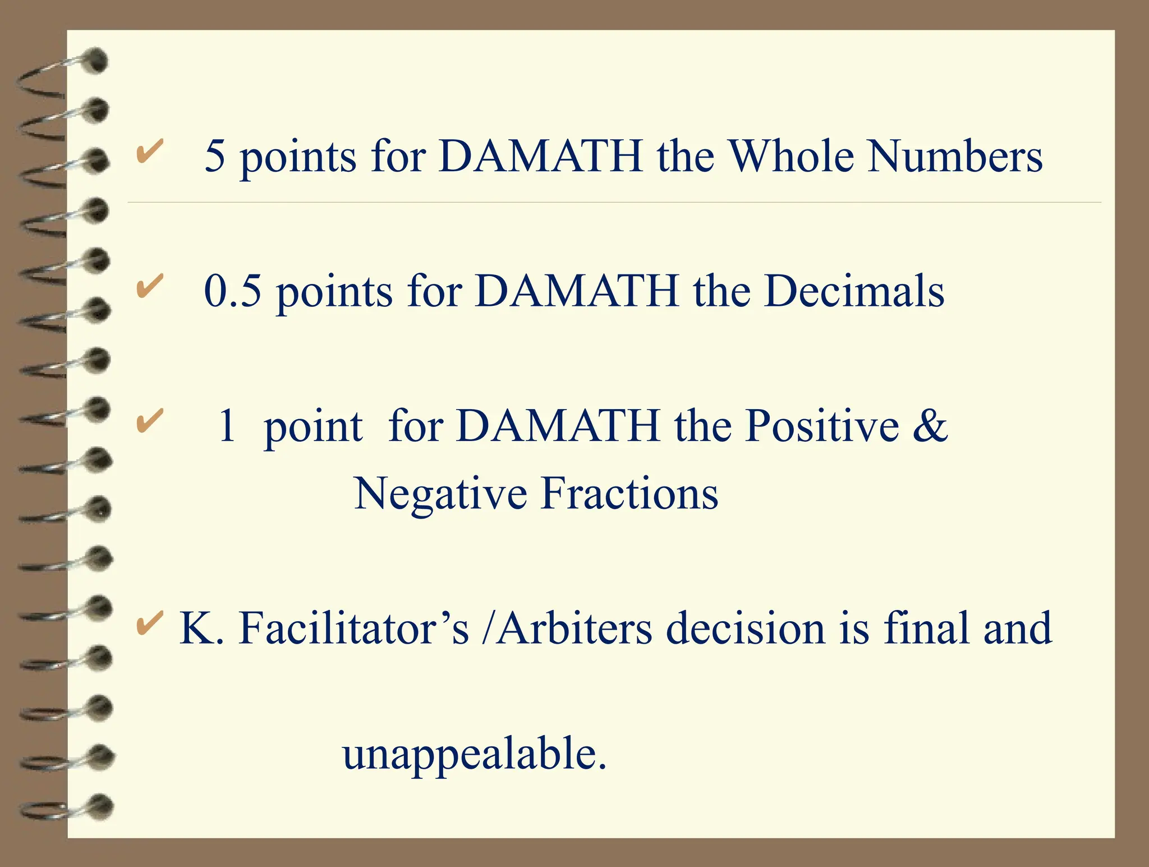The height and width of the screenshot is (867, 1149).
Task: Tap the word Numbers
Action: pos(955,155)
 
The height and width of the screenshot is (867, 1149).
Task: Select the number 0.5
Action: pos(233,291)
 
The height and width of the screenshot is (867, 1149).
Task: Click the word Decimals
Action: pos(854,291)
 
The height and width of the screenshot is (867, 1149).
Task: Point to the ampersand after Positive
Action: pos(930,426)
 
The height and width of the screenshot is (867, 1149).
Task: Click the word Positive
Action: pos(822,426)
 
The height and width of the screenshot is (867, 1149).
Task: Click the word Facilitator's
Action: pos(354,628)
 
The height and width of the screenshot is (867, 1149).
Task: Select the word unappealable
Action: pos(474,754)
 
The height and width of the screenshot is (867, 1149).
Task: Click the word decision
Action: pos(745,628)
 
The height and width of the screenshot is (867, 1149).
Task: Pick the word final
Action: pos(926,628)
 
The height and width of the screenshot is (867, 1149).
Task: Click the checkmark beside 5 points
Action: pos(150,151)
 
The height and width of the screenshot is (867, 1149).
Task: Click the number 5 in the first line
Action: pos(214,155)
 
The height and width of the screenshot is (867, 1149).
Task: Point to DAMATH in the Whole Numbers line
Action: pos(540,155)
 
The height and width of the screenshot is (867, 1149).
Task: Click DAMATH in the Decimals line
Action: pos(577,291)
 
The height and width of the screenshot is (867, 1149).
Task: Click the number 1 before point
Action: pos(227,426)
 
